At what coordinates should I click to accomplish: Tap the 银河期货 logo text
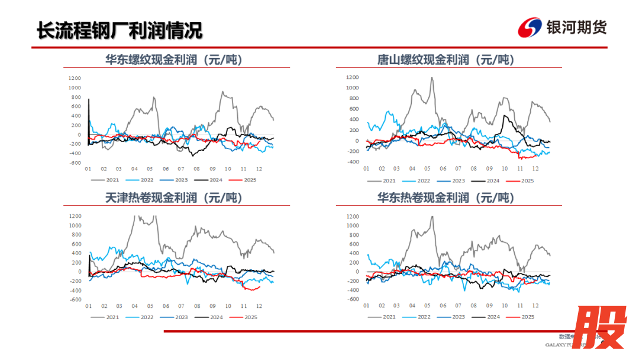(x=577, y=27)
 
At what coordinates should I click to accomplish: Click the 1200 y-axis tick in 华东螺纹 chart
(x=75, y=78)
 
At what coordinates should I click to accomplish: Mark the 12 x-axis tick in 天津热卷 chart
(x=259, y=306)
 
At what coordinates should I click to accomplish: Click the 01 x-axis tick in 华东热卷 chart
(x=366, y=306)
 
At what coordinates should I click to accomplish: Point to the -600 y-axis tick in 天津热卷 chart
(x=75, y=300)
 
